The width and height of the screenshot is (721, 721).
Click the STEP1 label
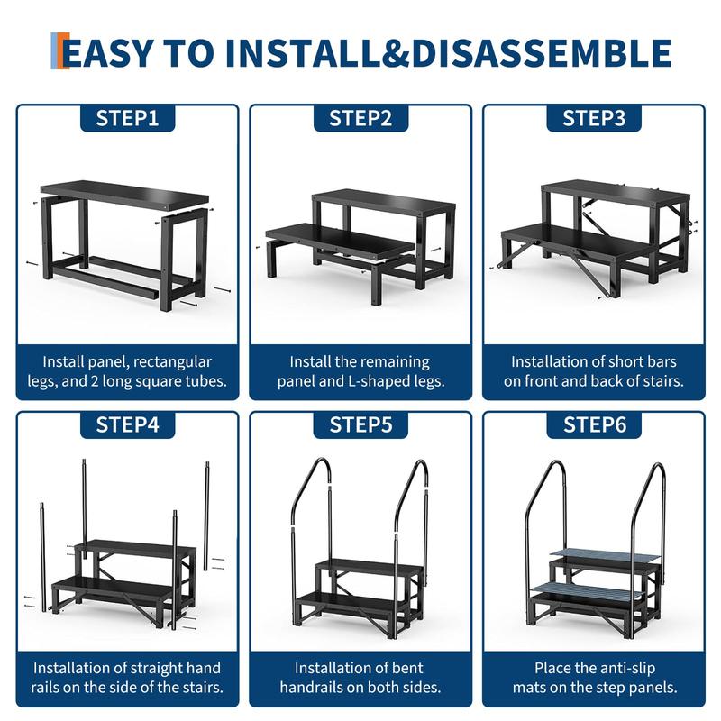point(127,118)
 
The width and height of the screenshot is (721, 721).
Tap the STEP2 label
point(360,118)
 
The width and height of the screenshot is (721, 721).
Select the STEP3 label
point(594,118)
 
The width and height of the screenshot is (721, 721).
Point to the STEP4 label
point(127,424)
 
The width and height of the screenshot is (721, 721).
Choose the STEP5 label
point(361,424)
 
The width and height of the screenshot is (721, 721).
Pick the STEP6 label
point(595,424)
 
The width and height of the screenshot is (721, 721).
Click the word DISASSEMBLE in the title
point(542,53)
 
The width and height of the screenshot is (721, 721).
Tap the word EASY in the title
point(107,53)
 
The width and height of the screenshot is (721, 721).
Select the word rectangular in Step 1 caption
point(172,362)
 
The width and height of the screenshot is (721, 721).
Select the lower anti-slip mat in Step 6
point(585,590)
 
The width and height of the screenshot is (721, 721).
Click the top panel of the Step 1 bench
point(124,194)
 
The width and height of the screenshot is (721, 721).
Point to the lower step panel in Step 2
point(339,240)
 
